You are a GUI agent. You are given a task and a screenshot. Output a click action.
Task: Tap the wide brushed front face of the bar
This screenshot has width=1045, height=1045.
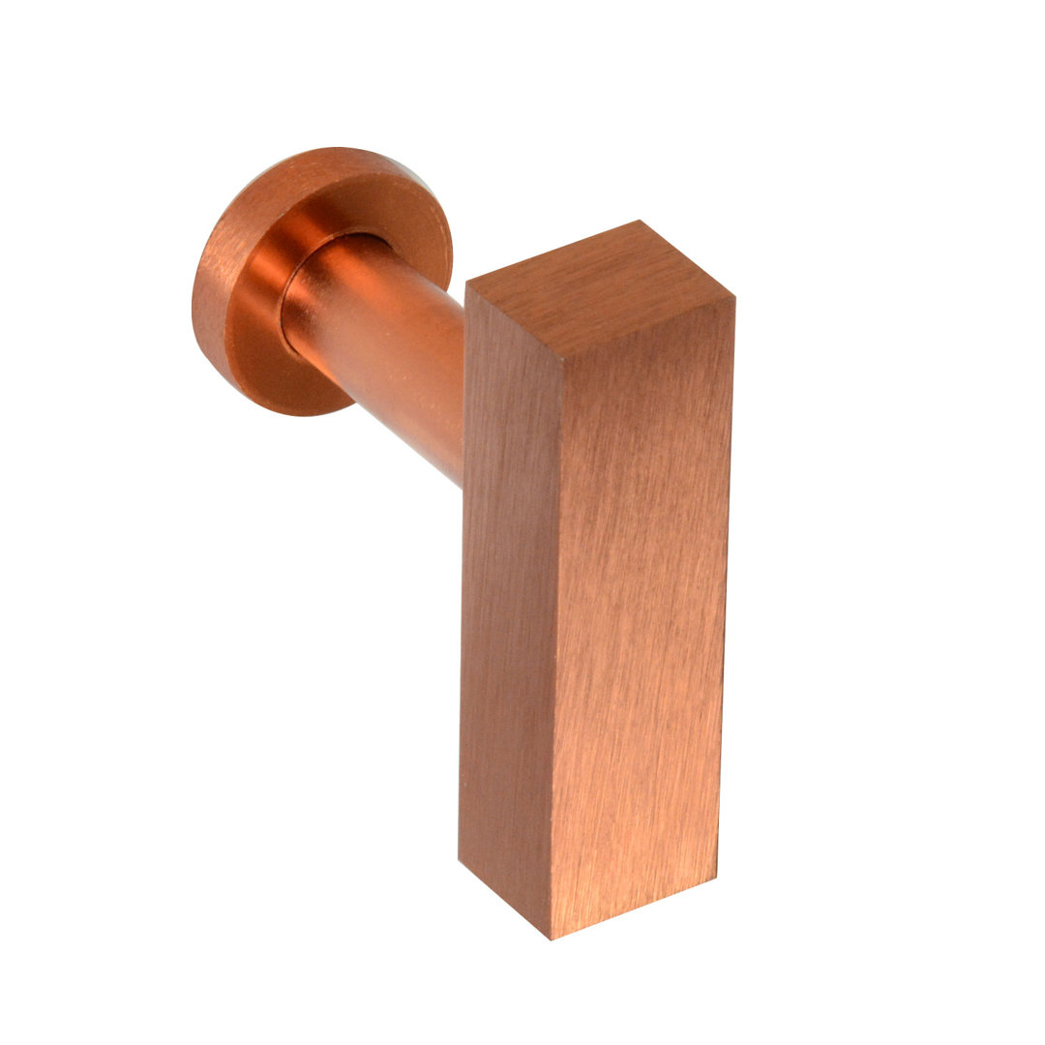tap(639, 600)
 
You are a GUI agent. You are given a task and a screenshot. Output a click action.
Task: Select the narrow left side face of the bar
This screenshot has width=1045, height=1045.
tap(508, 600)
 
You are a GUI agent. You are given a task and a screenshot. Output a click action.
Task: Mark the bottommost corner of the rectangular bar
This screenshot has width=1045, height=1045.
tap(552, 938)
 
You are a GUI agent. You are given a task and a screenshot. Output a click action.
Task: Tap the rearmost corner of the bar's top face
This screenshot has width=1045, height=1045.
tap(640, 222)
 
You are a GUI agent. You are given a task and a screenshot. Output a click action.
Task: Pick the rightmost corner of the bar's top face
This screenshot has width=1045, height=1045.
tap(734, 297)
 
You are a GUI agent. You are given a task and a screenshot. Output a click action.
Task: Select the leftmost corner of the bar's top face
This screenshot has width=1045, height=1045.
tap(466, 283)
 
